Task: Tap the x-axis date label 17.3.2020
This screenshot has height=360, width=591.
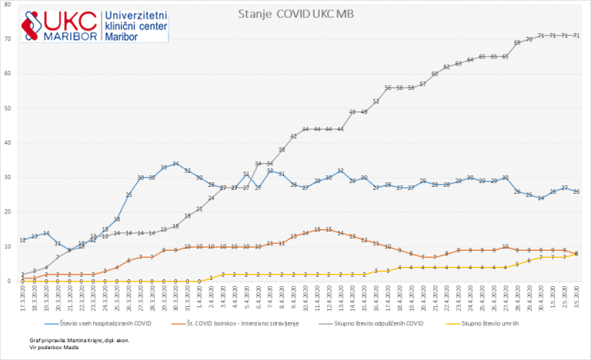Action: [23, 297]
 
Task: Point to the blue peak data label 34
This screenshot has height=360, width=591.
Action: [175, 164]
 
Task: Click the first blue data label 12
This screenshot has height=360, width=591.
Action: [23, 240]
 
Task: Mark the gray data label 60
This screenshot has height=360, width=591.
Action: [435, 74]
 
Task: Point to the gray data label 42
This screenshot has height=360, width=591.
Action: [293, 136]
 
